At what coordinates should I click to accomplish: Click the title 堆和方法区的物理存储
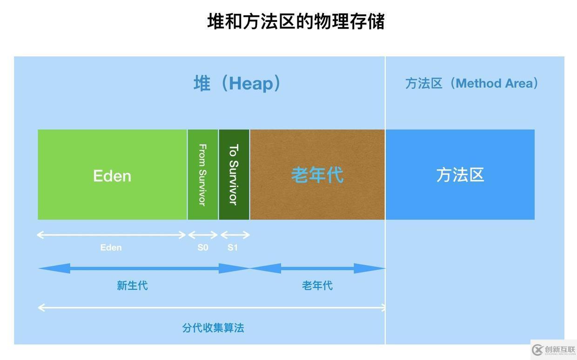click(x=296, y=21)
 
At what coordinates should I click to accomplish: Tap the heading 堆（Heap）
click(x=237, y=83)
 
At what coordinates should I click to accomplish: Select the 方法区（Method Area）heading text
click(x=472, y=83)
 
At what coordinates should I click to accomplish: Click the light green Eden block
click(x=112, y=174)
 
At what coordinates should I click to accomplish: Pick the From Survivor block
click(x=203, y=174)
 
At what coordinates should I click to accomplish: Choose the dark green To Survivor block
click(x=234, y=174)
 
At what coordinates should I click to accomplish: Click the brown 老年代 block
click(x=317, y=174)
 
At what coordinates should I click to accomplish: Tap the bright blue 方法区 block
click(x=460, y=174)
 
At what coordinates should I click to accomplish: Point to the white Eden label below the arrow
click(x=111, y=247)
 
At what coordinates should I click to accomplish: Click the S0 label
click(x=203, y=247)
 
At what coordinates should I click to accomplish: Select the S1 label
click(x=232, y=247)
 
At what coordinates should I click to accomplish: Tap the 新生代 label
click(x=133, y=286)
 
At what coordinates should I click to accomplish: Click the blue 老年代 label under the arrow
click(x=317, y=286)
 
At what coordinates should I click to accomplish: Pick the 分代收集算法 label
click(x=213, y=328)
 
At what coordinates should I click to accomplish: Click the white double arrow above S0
click(x=203, y=235)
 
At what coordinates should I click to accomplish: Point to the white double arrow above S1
click(x=235, y=235)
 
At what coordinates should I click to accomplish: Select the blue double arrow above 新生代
click(x=144, y=268)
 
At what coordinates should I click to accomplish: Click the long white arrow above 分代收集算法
click(x=211, y=307)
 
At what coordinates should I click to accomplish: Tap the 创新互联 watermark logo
click(x=554, y=350)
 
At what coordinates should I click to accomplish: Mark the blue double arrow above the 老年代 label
click(x=317, y=268)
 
